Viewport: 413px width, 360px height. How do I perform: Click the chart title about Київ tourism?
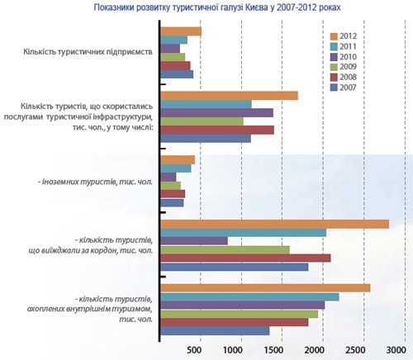pyautogui.click(x=217, y=7)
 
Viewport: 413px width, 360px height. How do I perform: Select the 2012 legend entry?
pyautogui.click(x=344, y=36)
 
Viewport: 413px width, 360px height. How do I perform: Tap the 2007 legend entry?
pyautogui.click(x=344, y=88)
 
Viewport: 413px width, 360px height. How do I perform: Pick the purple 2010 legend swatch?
pyautogui.click(x=334, y=57)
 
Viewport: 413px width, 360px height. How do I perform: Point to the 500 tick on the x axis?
pyautogui.click(x=194, y=350)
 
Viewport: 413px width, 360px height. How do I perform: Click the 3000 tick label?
pyautogui.click(x=396, y=350)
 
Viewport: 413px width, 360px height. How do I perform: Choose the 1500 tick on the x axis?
pyautogui.click(x=273, y=350)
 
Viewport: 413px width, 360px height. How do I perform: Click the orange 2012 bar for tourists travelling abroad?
pyautogui.click(x=275, y=224)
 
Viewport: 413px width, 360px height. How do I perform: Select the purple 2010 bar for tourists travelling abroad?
pyautogui.click(x=194, y=241)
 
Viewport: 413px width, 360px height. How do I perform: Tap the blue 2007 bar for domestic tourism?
pyautogui.click(x=215, y=331)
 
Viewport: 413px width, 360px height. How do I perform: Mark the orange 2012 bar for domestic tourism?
pyautogui.click(x=265, y=288)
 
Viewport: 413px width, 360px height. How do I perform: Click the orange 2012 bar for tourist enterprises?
pyautogui.click(x=181, y=31)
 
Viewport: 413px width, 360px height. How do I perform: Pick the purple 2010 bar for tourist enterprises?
pyautogui.click(x=170, y=49)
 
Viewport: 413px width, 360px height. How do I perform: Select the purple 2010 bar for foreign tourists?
pyautogui.click(x=169, y=178)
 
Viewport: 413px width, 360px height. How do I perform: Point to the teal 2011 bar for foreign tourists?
pyautogui.click(x=176, y=168)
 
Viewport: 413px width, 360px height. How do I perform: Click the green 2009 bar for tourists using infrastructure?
pyautogui.click(x=202, y=121)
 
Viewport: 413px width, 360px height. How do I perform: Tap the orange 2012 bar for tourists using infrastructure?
pyautogui.click(x=229, y=96)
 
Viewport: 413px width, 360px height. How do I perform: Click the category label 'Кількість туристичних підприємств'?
pyautogui.click(x=88, y=52)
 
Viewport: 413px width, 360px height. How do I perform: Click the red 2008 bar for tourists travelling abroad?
pyautogui.click(x=245, y=258)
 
